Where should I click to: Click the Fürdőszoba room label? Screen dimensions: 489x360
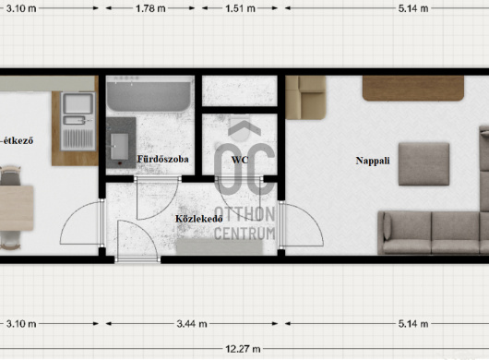pyautogui.click(x=162, y=159)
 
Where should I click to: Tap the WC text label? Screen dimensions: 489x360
pyautogui.click(x=240, y=160)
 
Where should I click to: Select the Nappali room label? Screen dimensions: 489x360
pyautogui.click(x=373, y=161)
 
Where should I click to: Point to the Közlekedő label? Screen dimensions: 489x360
pyautogui.click(x=199, y=219)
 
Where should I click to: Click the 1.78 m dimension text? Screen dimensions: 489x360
pyautogui.click(x=150, y=8)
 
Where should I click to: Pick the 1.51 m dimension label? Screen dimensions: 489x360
pyautogui.click(x=240, y=8)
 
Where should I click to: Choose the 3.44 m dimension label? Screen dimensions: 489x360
pyautogui.click(x=192, y=324)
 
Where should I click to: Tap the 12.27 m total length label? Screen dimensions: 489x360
pyautogui.click(x=243, y=349)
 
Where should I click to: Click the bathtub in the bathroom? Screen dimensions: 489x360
pyautogui.click(x=149, y=94)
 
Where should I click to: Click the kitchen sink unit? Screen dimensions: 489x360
pyautogui.click(x=78, y=121)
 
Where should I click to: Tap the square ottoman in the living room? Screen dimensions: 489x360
pyautogui.click(x=423, y=164)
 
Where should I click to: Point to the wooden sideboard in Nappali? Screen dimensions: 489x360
pyautogui.click(x=413, y=89)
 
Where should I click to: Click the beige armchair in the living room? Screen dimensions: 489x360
pyautogui.click(x=305, y=98)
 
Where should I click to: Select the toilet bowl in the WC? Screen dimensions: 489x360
pyautogui.click(x=240, y=128)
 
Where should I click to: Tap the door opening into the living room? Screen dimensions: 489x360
pyautogui.click(x=301, y=223)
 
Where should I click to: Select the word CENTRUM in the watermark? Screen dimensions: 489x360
pyautogui.click(x=244, y=234)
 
